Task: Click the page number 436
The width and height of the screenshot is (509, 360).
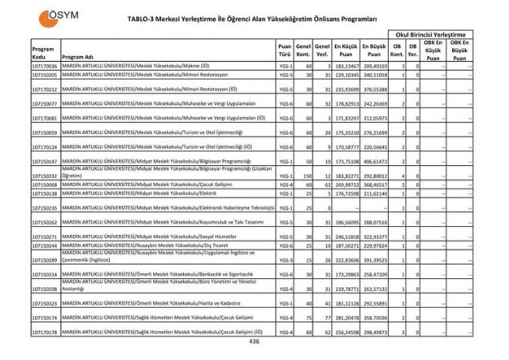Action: (x=254, y=342)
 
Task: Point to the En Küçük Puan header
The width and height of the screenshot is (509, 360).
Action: (x=346, y=50)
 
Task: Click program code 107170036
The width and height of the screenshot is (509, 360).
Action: (x=45, y=66)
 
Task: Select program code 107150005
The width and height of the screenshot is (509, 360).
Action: (x=45, y=74)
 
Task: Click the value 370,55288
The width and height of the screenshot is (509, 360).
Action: (x=375, y=89)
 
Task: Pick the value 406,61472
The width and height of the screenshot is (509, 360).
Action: (x=375, y=161)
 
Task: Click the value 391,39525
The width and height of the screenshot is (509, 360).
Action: (x=375, y=260)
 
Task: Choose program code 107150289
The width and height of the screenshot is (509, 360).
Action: (x=45, y=260)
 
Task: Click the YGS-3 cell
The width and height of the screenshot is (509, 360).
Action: (x=285, y=260)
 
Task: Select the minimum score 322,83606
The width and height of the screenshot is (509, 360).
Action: (x=347, y=260)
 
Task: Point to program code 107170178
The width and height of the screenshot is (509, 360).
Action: (x=45, y=331)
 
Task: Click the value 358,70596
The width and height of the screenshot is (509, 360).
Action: (x=375, y=318)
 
